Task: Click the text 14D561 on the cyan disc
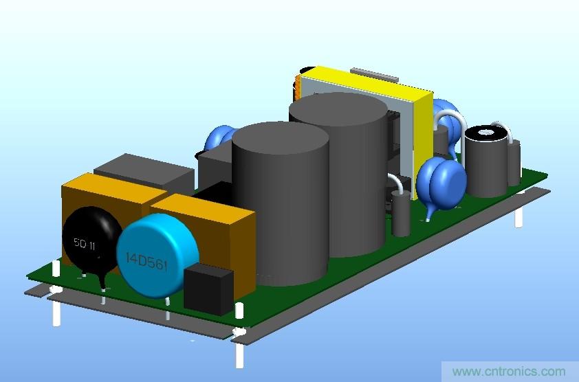(146, 262)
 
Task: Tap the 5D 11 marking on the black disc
(85, 244)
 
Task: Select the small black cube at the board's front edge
(208, 289)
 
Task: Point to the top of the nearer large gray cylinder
(281, 137)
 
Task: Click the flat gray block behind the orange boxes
(144, 172)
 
